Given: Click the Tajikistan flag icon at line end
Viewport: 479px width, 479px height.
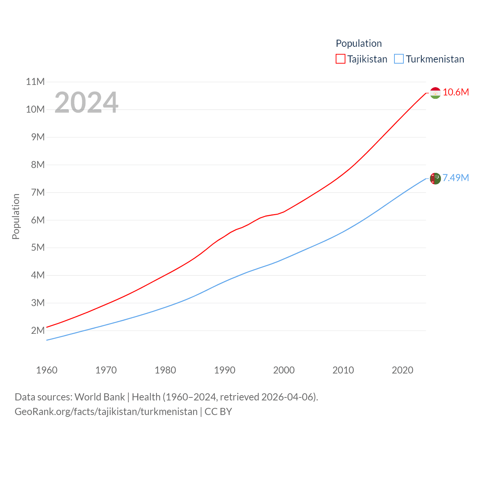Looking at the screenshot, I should (x=435, y=93).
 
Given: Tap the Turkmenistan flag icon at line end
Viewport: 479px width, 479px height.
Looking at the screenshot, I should (x=435, y=179).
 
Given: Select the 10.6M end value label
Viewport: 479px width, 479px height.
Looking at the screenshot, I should (x=456, y=92).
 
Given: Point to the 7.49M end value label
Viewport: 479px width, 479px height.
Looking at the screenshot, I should (x=456, y=178).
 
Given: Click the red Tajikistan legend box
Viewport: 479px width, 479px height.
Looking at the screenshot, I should (x=340, y=59).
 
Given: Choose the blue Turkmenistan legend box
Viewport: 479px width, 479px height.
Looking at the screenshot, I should (x=399, y=59).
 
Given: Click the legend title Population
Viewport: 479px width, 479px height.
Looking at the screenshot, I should (x=359, y=43).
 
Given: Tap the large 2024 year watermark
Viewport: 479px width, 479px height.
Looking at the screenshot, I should (x=86, y=103).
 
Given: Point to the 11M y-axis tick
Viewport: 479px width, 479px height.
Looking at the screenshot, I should (x=35, y=82).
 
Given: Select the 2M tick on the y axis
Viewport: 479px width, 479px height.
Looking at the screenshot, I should (x=38, y=330).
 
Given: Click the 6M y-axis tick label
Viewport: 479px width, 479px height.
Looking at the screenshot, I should (x=38, y=220).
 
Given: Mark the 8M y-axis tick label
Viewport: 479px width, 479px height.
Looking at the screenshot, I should (x=38, y=165).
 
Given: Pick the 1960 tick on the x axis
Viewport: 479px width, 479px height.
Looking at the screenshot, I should (x=47, y=370).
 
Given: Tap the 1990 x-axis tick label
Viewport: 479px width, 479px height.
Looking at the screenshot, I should (x=225, y=370).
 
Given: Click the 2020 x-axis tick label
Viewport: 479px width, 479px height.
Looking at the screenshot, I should (x=402, y=370).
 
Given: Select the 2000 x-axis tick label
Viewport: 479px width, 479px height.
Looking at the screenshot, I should (x=284, y=370).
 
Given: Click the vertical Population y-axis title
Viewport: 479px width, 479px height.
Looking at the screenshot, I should (x=16, y=216).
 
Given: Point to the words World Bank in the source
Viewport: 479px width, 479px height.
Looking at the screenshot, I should (x=100, y=397).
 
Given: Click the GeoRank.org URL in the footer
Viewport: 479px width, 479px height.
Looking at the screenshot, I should (x=106, y=412).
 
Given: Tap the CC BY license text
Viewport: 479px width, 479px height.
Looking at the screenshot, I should (x=218, y=412).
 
